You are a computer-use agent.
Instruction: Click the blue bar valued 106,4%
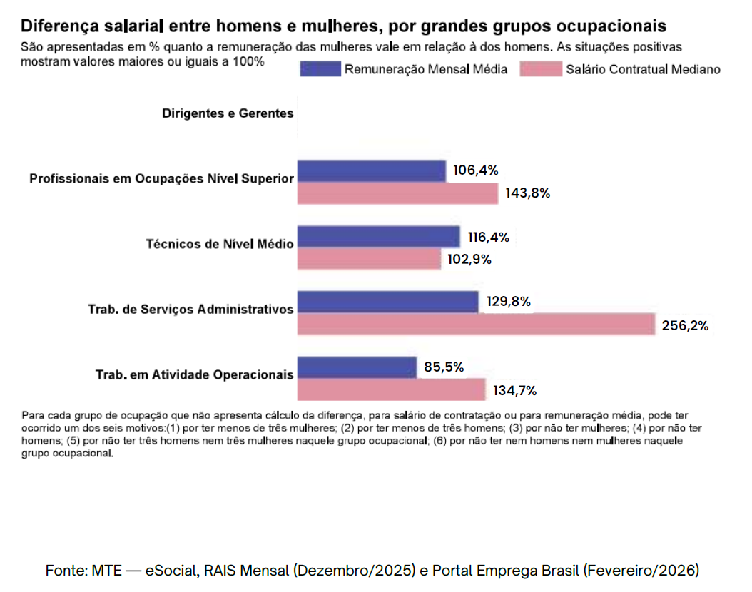point(371,171)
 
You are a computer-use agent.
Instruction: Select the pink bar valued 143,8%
point(397,193)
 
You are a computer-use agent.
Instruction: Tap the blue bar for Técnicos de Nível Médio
point(378,237)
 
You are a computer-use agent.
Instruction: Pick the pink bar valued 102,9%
point(369,259)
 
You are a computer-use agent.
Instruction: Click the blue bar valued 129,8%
point(387,302)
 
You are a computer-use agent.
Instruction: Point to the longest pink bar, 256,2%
point(475,325)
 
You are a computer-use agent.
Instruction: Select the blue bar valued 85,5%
point(356,367)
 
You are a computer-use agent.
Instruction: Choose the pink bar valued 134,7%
point(391,389)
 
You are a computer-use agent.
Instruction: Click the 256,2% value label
point(685,326)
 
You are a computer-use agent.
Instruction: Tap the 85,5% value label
point(444,367)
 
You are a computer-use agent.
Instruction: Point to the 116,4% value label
point(489,238)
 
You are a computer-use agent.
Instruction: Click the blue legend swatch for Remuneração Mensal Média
point(320,69)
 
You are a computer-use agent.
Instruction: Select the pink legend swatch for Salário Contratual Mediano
point(542,69)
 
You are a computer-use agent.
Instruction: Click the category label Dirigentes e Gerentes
point(228,113)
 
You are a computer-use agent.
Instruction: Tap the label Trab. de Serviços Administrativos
point(190,309)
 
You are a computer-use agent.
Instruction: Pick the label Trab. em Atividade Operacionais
point(194,374)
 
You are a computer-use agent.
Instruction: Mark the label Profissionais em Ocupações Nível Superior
point(161,178)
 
